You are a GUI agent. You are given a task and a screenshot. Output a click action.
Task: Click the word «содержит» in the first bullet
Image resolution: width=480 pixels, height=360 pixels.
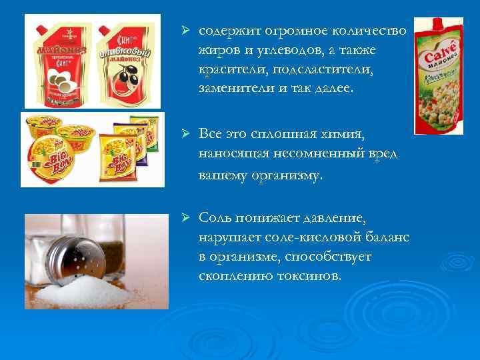[227, 32]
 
